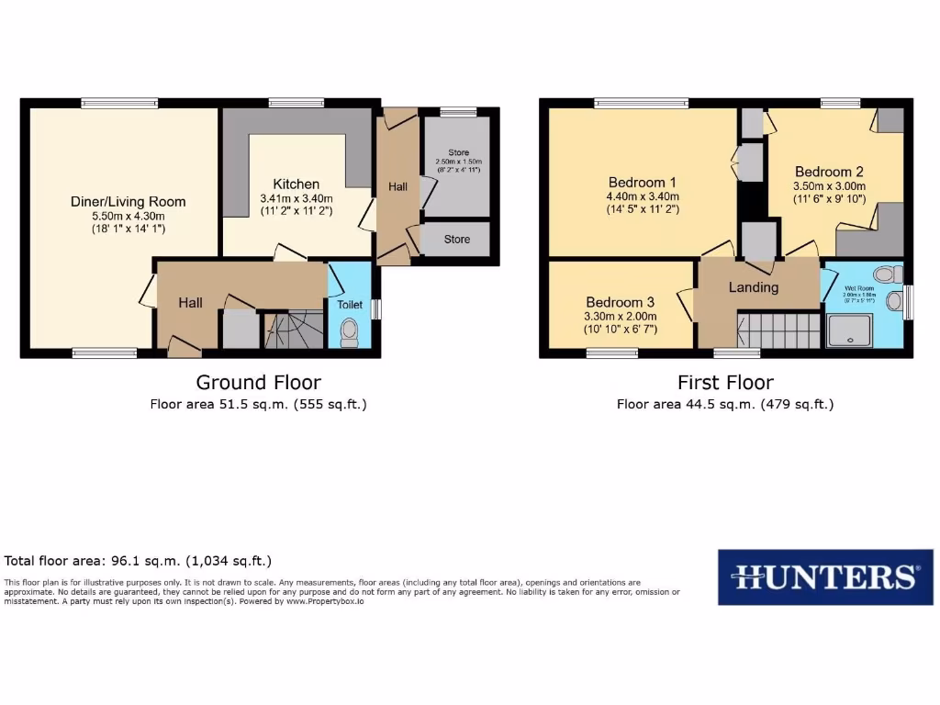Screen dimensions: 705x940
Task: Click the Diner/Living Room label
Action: (x=129, y=202)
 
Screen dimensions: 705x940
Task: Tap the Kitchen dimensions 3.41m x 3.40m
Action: (x=296, y=198)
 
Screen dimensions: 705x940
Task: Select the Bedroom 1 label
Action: (x=643, y=182)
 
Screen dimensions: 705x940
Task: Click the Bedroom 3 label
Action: (x=621, y=303)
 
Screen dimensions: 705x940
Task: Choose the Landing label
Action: (x=753, y=287)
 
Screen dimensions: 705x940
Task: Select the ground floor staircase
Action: (x=294, y=330)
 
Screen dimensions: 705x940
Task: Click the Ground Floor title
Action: (x=259, y=382)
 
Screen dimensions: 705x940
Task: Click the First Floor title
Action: (x=725, y=382)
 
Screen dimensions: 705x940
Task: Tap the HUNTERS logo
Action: (x=825, y=577)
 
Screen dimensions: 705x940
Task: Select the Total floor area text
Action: (x=138, y=560)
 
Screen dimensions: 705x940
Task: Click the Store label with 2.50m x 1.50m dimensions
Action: (x=458, y=151)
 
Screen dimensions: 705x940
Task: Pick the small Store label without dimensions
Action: (x=456, y=240)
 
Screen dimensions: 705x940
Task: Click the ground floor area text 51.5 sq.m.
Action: (x=259, y=404)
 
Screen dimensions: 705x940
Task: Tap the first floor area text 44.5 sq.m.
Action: (x=725, y=404)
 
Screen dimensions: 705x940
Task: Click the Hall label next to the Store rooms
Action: (x=397, y=186)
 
